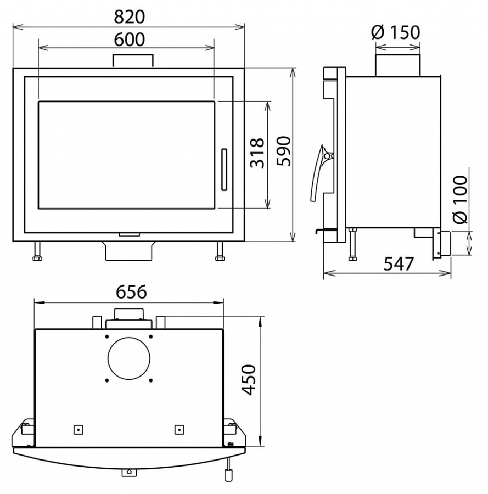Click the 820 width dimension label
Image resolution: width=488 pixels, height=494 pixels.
coord(129,16)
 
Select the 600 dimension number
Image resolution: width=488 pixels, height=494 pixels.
coord(129,40)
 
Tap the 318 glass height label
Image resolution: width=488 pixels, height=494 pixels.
coord(257,153)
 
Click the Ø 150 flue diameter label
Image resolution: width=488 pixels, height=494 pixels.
coord(396,32)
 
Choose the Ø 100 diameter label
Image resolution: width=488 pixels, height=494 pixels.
coord(460,199)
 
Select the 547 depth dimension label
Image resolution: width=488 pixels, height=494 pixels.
coord(398,263)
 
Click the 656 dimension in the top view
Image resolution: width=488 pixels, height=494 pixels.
coord(131,292)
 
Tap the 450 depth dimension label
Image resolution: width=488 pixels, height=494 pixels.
coord(249,380)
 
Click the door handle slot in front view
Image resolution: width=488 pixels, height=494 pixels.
coord(224,170)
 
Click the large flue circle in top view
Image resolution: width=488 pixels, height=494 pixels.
coord(129,358)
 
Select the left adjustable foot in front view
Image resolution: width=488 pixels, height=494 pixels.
coord(37,252)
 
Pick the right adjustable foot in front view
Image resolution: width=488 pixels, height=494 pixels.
coord(220,252)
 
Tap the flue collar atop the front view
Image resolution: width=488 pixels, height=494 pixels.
coord(133,61)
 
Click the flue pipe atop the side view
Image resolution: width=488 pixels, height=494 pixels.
coord(397,65)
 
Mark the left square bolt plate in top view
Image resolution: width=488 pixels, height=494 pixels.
coord(78,429)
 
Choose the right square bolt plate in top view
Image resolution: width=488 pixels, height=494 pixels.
coord(180,429)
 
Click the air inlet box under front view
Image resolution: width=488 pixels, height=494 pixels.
coord(129,251)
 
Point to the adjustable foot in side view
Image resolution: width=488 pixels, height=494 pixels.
coord(352,244)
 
